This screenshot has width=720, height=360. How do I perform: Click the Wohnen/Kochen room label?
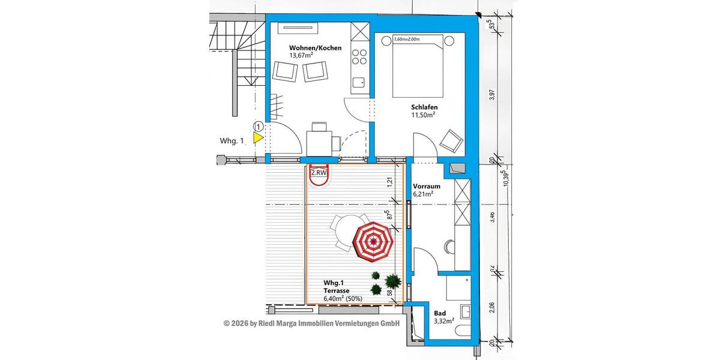coord(315,48)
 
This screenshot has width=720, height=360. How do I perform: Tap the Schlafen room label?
coord(424,107)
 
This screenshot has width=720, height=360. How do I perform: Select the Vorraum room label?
coord(427,186)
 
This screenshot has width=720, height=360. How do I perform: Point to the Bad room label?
coord(440,313)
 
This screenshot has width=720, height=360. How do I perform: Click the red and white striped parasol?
coord(373,242)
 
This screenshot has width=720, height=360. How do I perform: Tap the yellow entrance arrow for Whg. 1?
coord(258,138)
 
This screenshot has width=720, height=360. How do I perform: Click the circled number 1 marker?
coord(258,127)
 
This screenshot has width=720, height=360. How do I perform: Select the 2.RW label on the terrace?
coord(319,173)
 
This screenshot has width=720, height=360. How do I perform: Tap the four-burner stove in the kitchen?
coord(359,56)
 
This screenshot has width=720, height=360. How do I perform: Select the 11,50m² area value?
coord(423,115)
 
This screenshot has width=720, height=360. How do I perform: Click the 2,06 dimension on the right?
coord(491,307)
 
